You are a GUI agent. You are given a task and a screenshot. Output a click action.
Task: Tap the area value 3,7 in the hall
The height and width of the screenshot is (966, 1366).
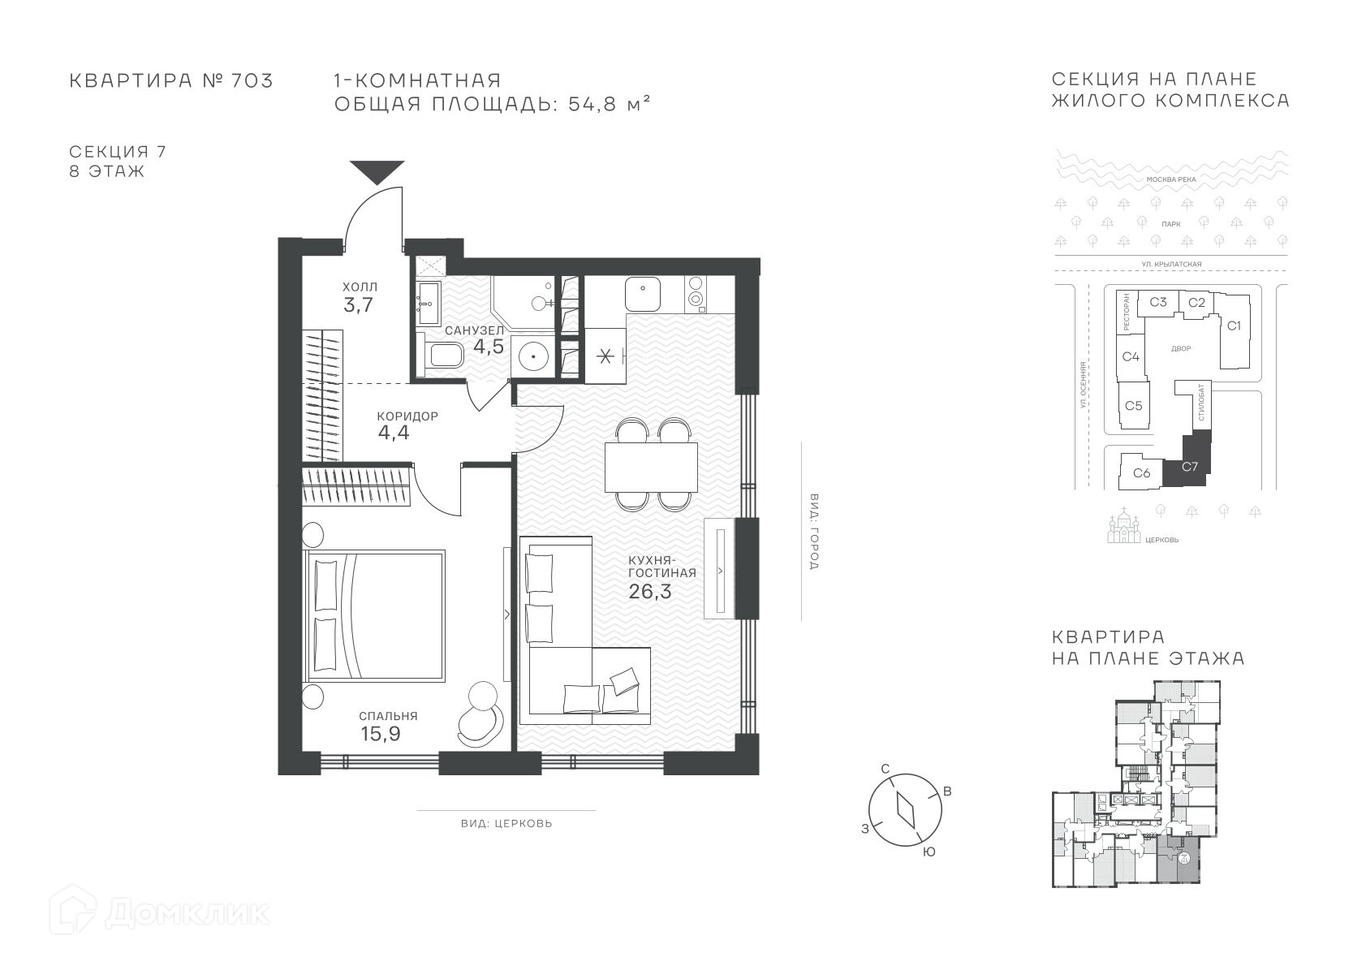coord(358,304)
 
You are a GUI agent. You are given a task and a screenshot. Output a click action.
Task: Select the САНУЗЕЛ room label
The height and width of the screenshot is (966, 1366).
coord(475,330)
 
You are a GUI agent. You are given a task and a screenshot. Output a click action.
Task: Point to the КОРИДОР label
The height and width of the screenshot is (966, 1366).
coord(407,416)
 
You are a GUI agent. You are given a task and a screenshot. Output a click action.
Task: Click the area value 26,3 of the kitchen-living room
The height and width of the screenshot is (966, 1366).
coord(650,591)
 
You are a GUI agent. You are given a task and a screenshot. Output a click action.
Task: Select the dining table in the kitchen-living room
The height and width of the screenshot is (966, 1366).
coord(651,467)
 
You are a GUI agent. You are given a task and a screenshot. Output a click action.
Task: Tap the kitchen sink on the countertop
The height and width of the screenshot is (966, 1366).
coord(642,294)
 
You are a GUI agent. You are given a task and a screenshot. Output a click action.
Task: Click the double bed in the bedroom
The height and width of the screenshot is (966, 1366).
coord(374,615)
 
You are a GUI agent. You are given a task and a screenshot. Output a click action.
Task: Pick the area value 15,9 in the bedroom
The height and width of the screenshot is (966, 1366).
coord(381,734)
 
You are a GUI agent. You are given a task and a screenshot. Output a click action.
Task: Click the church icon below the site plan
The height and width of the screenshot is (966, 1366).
coord(1124,527)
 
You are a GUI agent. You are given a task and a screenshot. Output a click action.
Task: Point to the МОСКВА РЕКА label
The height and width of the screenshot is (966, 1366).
coord(1171,179)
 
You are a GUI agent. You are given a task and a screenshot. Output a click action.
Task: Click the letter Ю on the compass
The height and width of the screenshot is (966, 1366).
coord(929,852)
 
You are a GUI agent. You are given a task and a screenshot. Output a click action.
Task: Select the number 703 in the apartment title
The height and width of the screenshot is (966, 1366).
coord(252,80)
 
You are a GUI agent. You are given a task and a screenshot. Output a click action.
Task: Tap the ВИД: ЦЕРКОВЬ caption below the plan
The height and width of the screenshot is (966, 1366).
coord(506,823)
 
